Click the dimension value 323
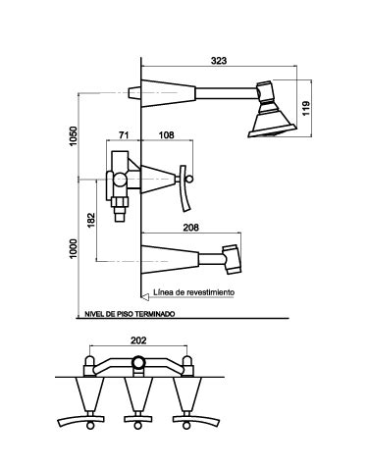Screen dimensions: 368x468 coord(219,61)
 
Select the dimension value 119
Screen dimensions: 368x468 coord(306,108)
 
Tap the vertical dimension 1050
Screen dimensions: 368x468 coord(74,136)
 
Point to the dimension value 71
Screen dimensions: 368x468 coord(124,134)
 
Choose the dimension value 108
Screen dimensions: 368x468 coord(167,134)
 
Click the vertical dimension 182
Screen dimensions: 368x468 coord(91,220)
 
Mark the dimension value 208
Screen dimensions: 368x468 coord(190,228)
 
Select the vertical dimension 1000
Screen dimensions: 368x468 coord(74,248)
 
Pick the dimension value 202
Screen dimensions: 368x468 coord(138,340)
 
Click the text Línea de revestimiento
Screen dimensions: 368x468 coord(194,292)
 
